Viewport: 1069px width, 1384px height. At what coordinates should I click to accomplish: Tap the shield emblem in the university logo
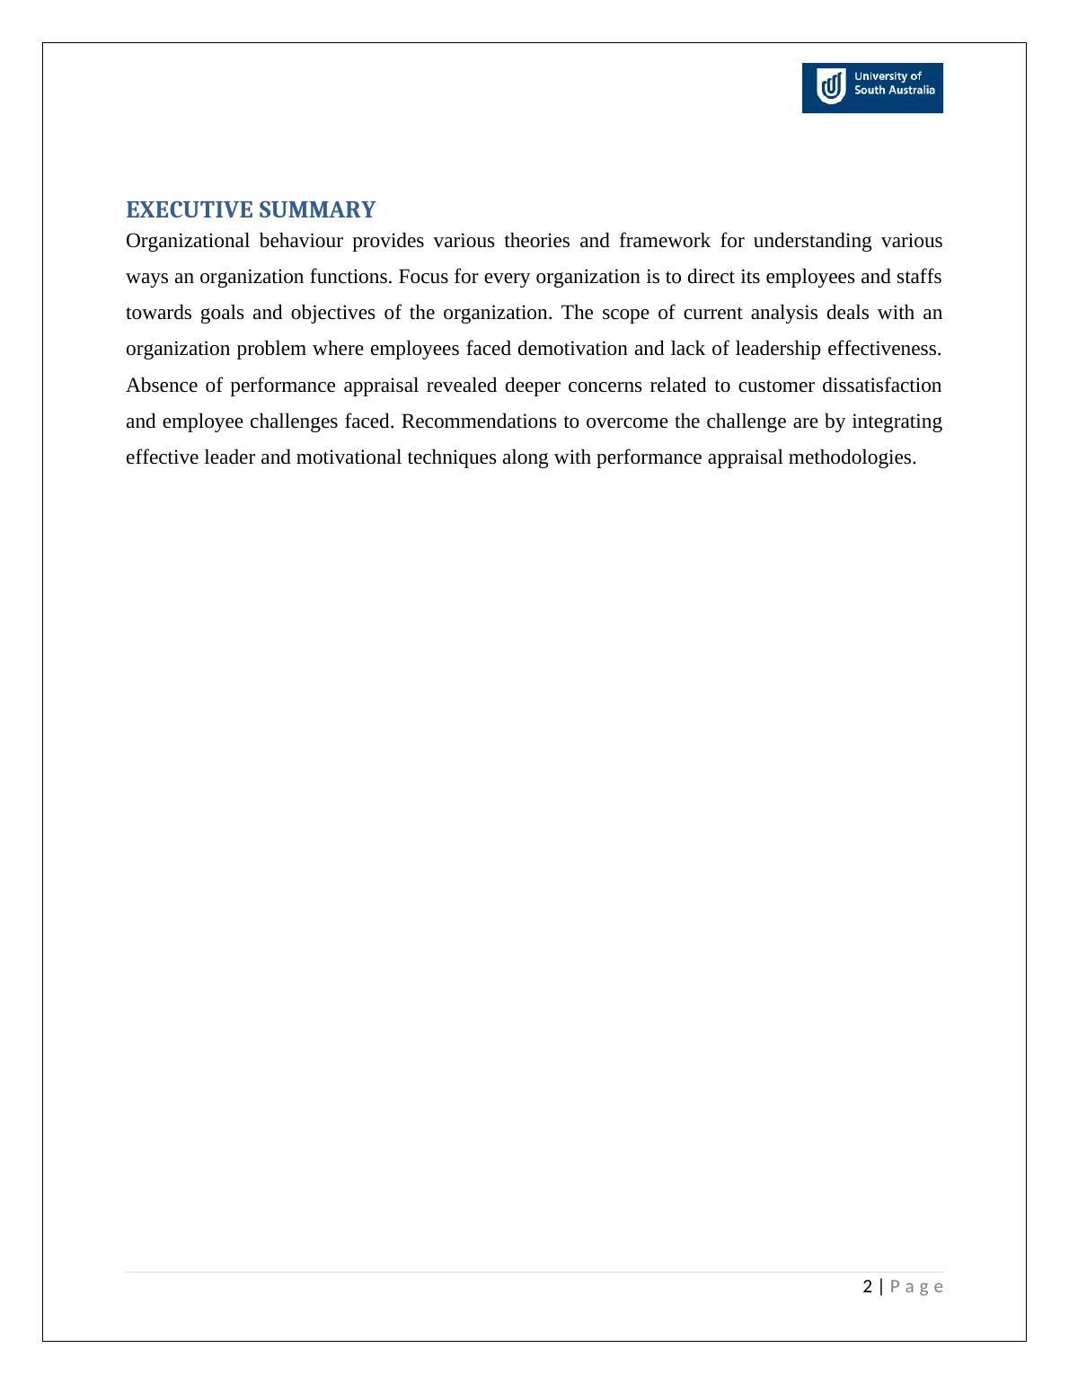coord(832,87)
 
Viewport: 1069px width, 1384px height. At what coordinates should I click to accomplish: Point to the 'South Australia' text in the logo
coord(894,91)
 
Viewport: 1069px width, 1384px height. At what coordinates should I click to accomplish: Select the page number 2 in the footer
coord(867,1287)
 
